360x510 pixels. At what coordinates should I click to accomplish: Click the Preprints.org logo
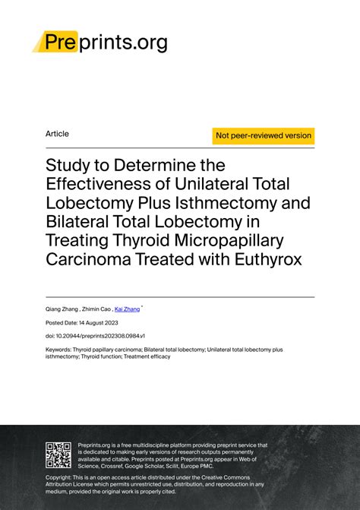(100, 42)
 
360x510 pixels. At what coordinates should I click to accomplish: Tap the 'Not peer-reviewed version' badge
(264, 135)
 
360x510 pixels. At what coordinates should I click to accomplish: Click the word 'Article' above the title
(57, 134)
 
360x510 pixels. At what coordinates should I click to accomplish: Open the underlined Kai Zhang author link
(128, 309)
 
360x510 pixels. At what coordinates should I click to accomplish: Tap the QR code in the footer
(58, 455)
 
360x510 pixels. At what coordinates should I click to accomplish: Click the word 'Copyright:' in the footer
(62, 477)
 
